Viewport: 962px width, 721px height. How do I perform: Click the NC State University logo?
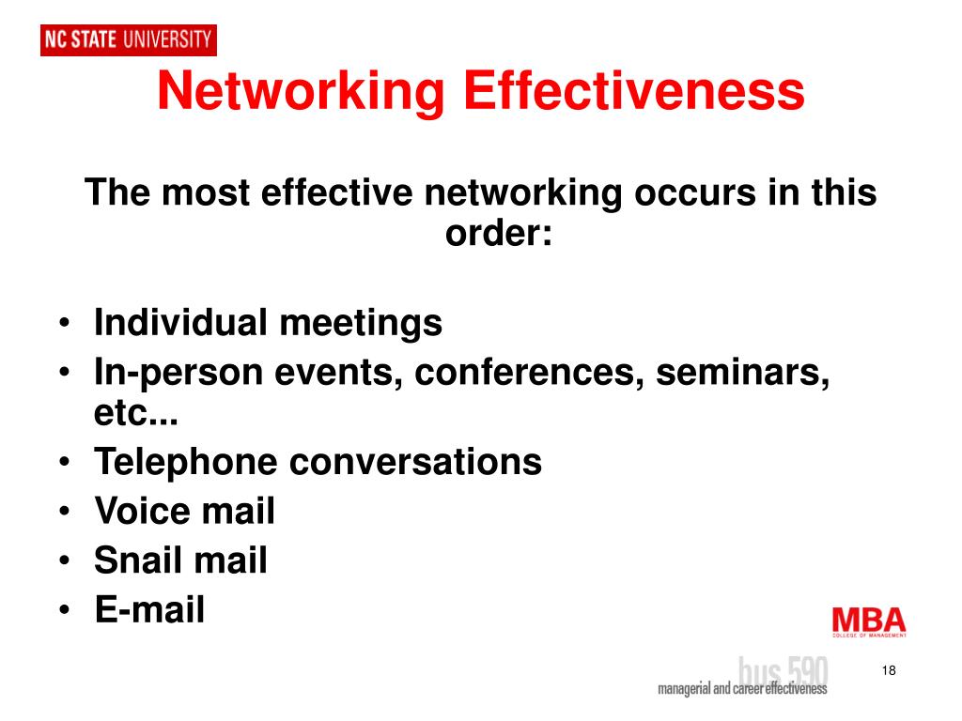pos(129,39)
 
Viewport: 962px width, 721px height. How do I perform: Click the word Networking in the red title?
pos(300,93)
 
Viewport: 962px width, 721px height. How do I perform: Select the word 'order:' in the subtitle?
pos(499,233)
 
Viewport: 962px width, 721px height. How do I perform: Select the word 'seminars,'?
pos(743,374)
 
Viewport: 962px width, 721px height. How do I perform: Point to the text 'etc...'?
pos(136,413)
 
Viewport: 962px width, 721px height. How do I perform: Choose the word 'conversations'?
pos(415,462)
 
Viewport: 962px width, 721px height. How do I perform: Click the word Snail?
pos(137,561)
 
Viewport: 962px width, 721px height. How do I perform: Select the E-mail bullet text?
pos(149,610)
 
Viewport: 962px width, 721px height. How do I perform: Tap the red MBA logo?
pos(869,621)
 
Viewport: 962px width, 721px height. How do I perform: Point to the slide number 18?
pos(889,670)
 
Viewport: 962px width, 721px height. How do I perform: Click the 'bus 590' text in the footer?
pos(784,670)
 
